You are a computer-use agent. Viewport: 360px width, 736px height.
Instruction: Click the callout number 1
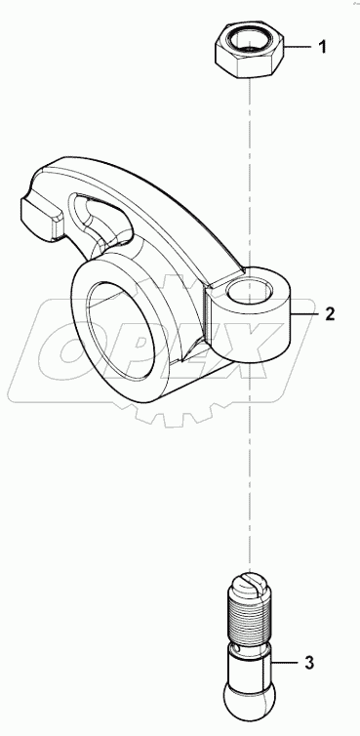[326, 47]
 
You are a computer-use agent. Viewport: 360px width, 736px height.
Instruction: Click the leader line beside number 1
[299, 47]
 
